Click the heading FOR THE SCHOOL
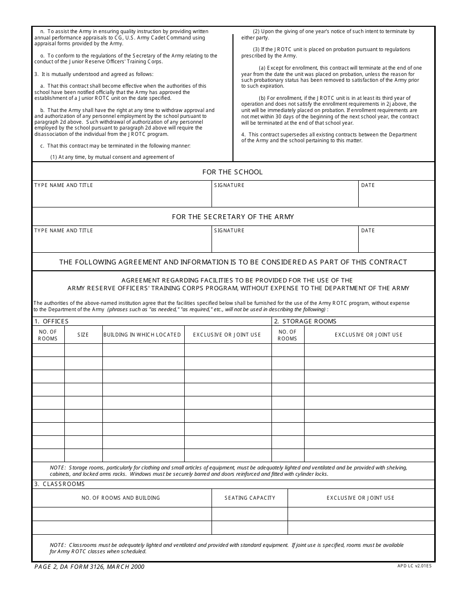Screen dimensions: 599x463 (232, 172)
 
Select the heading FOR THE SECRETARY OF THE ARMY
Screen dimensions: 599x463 (232, 217)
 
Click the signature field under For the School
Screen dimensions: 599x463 (285, 197)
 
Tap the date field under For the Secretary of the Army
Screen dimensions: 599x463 (396, 242)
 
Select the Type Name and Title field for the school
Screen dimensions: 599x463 (121, 197)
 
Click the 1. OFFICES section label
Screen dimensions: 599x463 (51, 321)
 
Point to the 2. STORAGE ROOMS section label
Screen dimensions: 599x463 (305, 321)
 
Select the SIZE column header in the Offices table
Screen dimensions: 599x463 (83, 335)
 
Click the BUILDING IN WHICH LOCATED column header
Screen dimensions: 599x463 (142, 335)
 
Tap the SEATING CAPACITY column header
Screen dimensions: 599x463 (250, 498)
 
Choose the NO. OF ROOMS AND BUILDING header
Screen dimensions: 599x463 (121, 498)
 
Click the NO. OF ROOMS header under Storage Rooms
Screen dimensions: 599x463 (287, 335)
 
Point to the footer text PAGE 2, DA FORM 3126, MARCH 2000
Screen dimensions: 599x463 (89, 567)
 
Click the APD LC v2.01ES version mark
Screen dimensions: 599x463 (414, 566)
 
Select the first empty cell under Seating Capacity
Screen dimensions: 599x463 (250, 514)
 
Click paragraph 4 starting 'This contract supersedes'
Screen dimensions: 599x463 (329, 137)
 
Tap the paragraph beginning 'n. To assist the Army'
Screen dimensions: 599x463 (124, 37)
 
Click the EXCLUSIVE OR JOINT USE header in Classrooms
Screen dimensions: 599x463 (361, 498)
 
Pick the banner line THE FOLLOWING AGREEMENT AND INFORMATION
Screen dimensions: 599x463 (233, 262)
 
